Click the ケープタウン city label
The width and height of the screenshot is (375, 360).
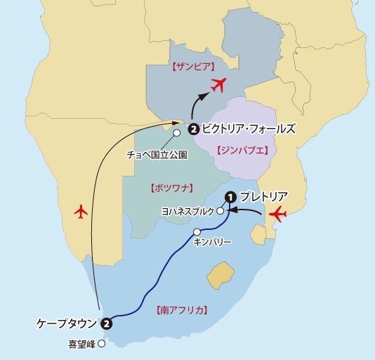click(x=67, y=323)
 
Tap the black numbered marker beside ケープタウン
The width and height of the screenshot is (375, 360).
click(x=106, y=324)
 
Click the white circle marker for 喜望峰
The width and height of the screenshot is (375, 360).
click(x=102, y=344)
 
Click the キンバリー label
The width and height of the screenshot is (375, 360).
click(x=212, y=242)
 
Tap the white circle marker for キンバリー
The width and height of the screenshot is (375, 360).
click(x=197, y=232)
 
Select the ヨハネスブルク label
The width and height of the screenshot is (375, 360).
click(x=187, y=211)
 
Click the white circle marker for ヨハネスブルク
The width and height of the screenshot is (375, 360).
click(x=221, y=210)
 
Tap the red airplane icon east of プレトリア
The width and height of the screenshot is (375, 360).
click(x=279, y=214)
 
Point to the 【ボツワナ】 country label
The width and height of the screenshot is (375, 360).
click(x=172, y=188)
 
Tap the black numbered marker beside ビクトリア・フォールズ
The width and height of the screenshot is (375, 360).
click(x=193, y=129)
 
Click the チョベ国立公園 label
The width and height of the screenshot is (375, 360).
click(x=157, y=153)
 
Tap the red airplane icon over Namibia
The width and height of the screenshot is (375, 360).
click(x=81, y=210)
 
